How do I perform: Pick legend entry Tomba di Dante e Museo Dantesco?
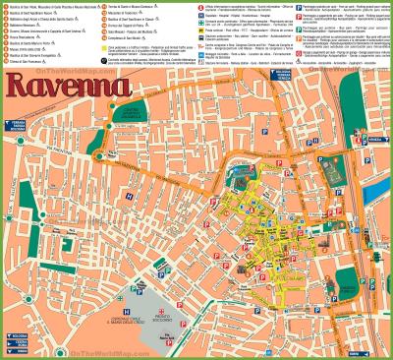point(137,7)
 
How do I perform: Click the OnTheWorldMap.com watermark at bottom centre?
point(196,352)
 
